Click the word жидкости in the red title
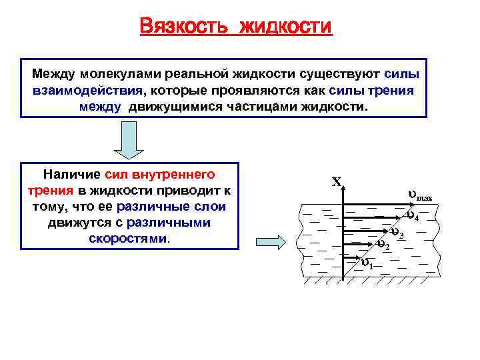(285, 27)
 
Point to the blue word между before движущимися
(100, 106)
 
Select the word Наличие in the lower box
(72, 175)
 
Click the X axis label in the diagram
(337, 181)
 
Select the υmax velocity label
(419, 196)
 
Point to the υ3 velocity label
(397, 233)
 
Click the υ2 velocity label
(383, 245)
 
